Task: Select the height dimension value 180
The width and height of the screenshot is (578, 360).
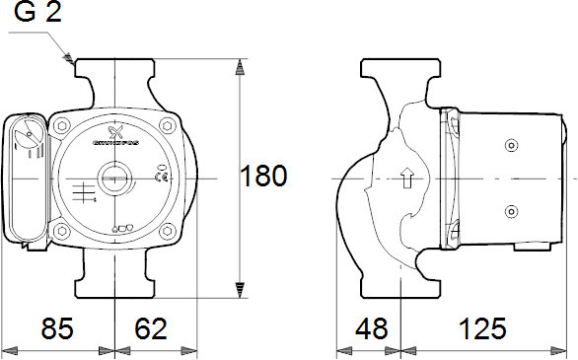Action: click(x=264, y=177)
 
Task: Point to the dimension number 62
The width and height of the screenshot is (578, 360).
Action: click(x=151, y=328)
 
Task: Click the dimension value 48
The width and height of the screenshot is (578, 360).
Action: click(x=372, y=328)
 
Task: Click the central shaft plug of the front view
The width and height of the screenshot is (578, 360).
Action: click(x=117, y=183)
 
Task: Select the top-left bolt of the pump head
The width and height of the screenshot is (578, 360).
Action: click(x=63, y=125)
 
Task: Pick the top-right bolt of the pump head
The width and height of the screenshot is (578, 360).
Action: click(x=171, y=125)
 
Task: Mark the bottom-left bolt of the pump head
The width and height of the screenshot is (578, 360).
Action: click(x=63, y=234)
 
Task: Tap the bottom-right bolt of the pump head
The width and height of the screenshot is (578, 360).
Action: click(x=171, y=234)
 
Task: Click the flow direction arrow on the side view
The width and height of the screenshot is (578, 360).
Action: click(x=404, y=179)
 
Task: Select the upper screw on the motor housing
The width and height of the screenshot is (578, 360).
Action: click(x=510, y=146)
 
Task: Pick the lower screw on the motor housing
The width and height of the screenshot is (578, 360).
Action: click(x=510, y=211)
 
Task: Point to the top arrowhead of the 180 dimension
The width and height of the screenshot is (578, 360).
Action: click(x=240, y=67)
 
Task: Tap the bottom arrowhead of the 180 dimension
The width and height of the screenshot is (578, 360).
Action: click(x=240, y=290)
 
